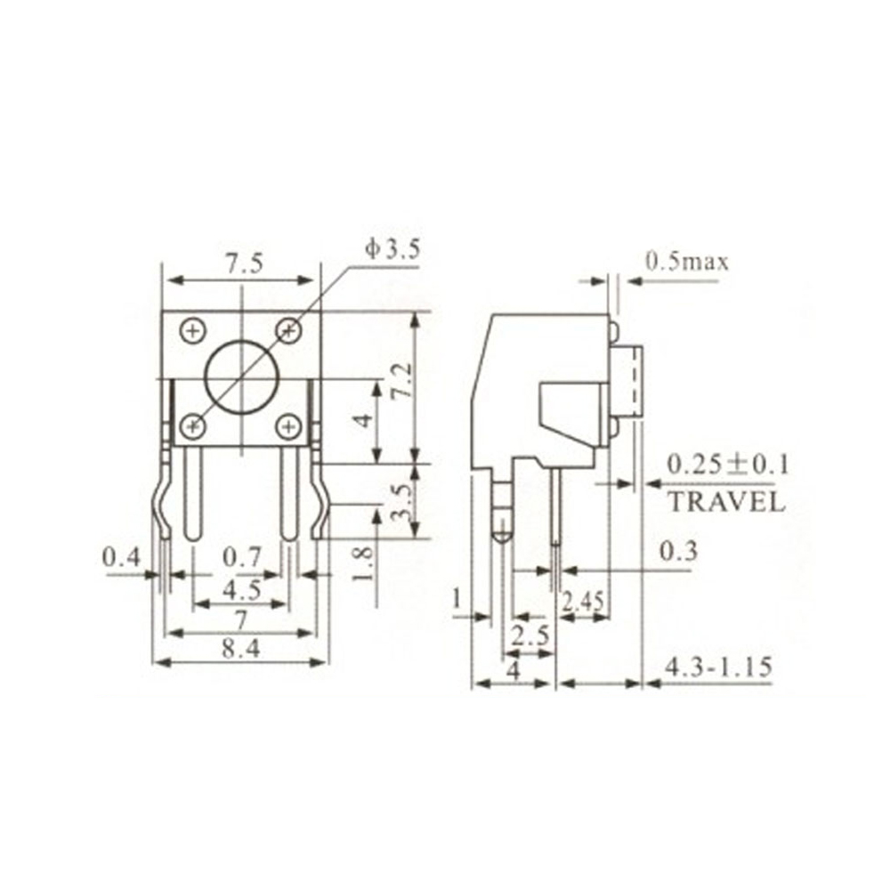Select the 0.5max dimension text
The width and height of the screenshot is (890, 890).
pyautogui.click(x=687, y=262)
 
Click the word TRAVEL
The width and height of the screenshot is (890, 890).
pyautogui.click(x=726, y=502)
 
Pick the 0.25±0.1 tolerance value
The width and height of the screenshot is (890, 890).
pyautogui.click(x=728, y=464)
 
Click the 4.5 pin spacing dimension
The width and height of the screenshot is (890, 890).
pyautogui.click(x=241, y=590)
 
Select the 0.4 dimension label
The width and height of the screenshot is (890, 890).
pyautogui.click(x=121, y=558)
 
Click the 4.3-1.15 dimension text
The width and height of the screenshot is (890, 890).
pyautogui.click(x=717, y=667)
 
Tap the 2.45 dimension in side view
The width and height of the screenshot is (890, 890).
pyautogui.click(x=583, y=603)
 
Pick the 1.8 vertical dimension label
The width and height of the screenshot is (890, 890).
pyautogui.click(x=362, y=564)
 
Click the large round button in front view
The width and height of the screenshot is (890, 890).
pyautogui.click(x=242, y=380)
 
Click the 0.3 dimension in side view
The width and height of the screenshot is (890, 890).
pyautogui.click(x=677, y=553)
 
